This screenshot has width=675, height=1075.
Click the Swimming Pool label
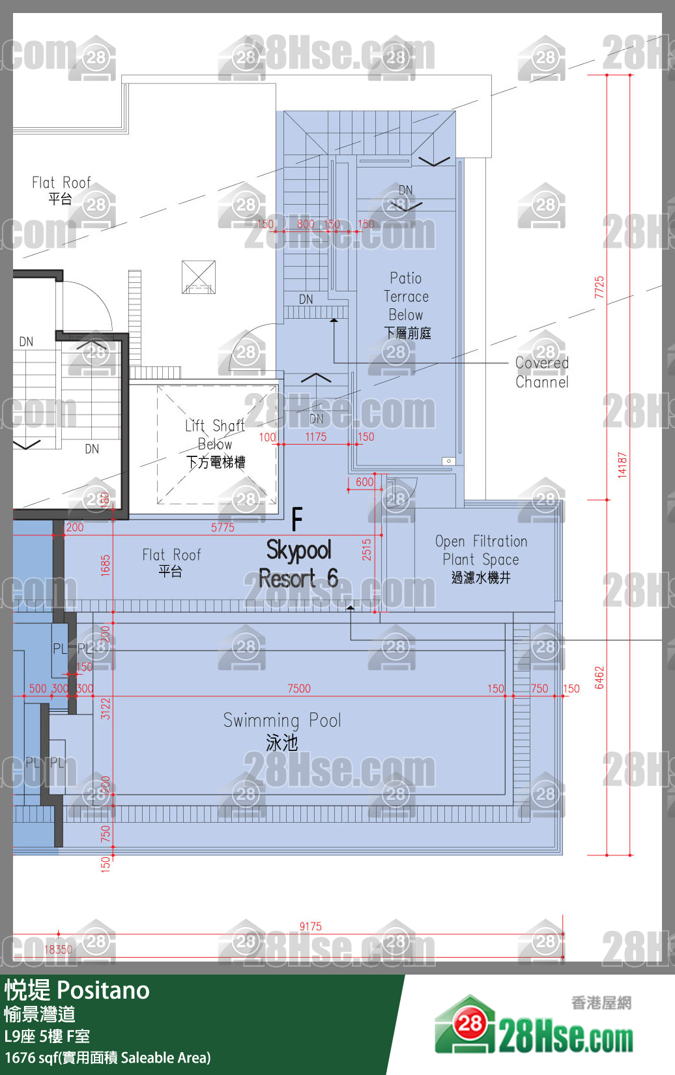click(282, 730)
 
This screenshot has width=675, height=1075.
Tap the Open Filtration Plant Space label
click(481, 558)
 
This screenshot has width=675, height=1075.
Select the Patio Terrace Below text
click(407, 304)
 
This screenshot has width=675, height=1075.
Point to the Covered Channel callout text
click(541, 372)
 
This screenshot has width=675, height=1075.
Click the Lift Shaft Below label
click(215, 443)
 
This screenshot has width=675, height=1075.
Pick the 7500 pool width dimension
click(299, 688)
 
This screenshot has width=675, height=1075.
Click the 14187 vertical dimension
click(622, 465)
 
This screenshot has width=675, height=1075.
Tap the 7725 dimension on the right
click(599, 287)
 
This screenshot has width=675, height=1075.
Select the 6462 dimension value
click(599, 677)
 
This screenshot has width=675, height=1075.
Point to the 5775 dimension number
click(222, 527)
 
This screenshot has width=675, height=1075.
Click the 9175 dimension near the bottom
click(311, 926)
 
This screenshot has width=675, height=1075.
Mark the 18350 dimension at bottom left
click(58, 950)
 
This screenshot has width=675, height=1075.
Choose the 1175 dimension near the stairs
click(316, 437)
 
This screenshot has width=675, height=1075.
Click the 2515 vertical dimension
click(367, 550)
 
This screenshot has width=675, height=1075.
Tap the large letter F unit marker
click(297, 520)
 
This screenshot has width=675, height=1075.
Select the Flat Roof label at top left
click(61, 189)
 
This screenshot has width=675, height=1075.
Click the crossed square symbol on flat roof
click(199, 277)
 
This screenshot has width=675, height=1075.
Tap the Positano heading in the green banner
click(104, 990)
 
